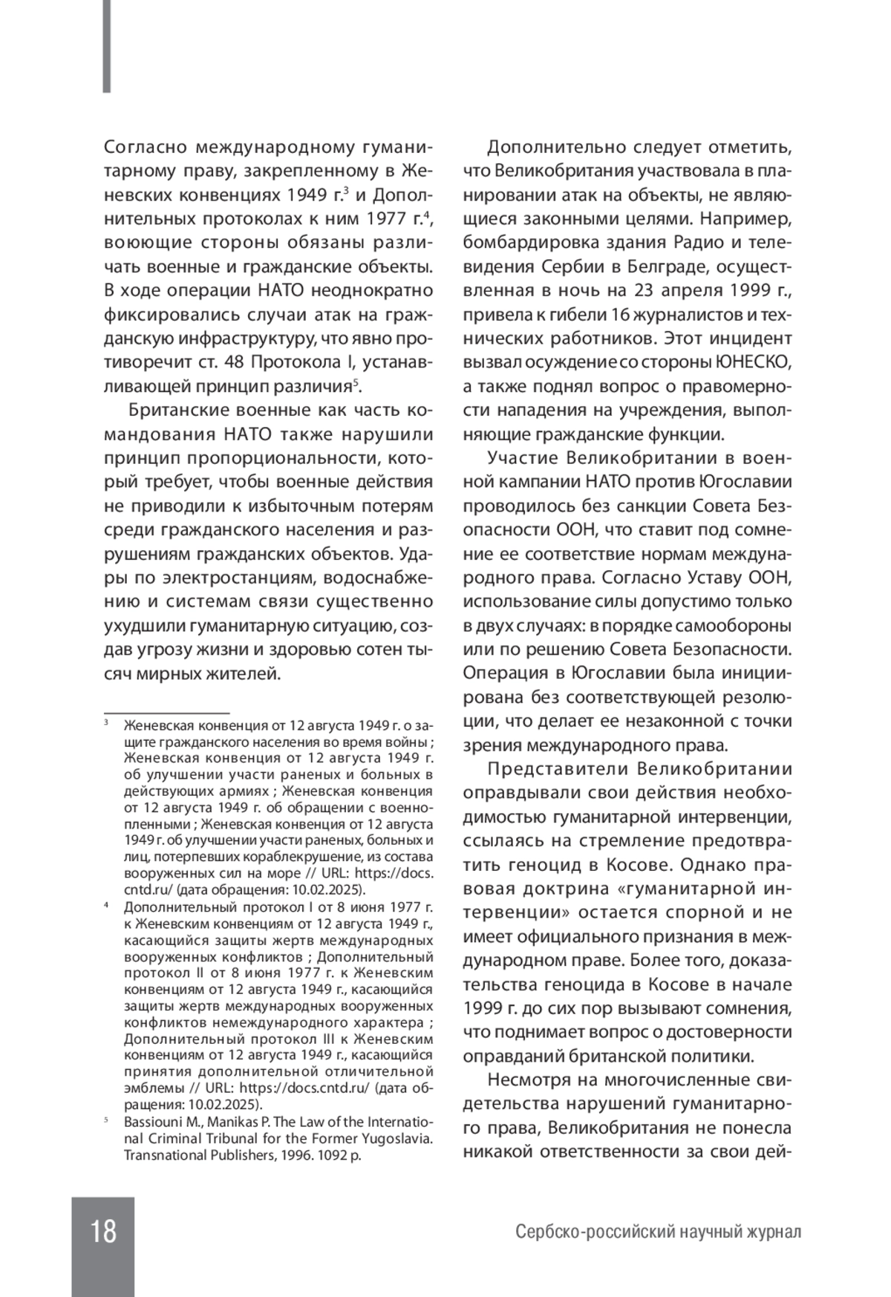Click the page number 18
103,1231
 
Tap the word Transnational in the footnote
163,1155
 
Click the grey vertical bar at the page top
107,46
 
